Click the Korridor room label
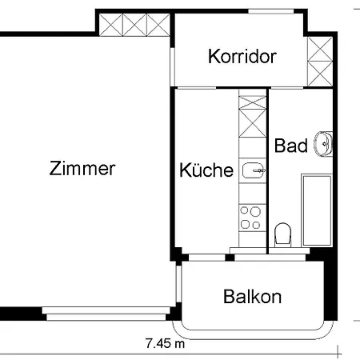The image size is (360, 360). coord(242,57)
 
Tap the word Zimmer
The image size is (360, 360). coord(82,169)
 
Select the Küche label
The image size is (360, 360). coord(206,170)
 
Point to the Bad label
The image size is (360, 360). coord(290,146)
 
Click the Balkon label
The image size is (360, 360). coord(252,297)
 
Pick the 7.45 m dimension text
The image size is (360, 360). coord(165,344)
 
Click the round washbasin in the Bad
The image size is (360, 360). coord(324,144)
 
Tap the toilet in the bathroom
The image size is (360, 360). coord(282,235)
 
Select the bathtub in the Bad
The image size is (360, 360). coord(318,210)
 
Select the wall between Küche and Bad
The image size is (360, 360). coord(266,168)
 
